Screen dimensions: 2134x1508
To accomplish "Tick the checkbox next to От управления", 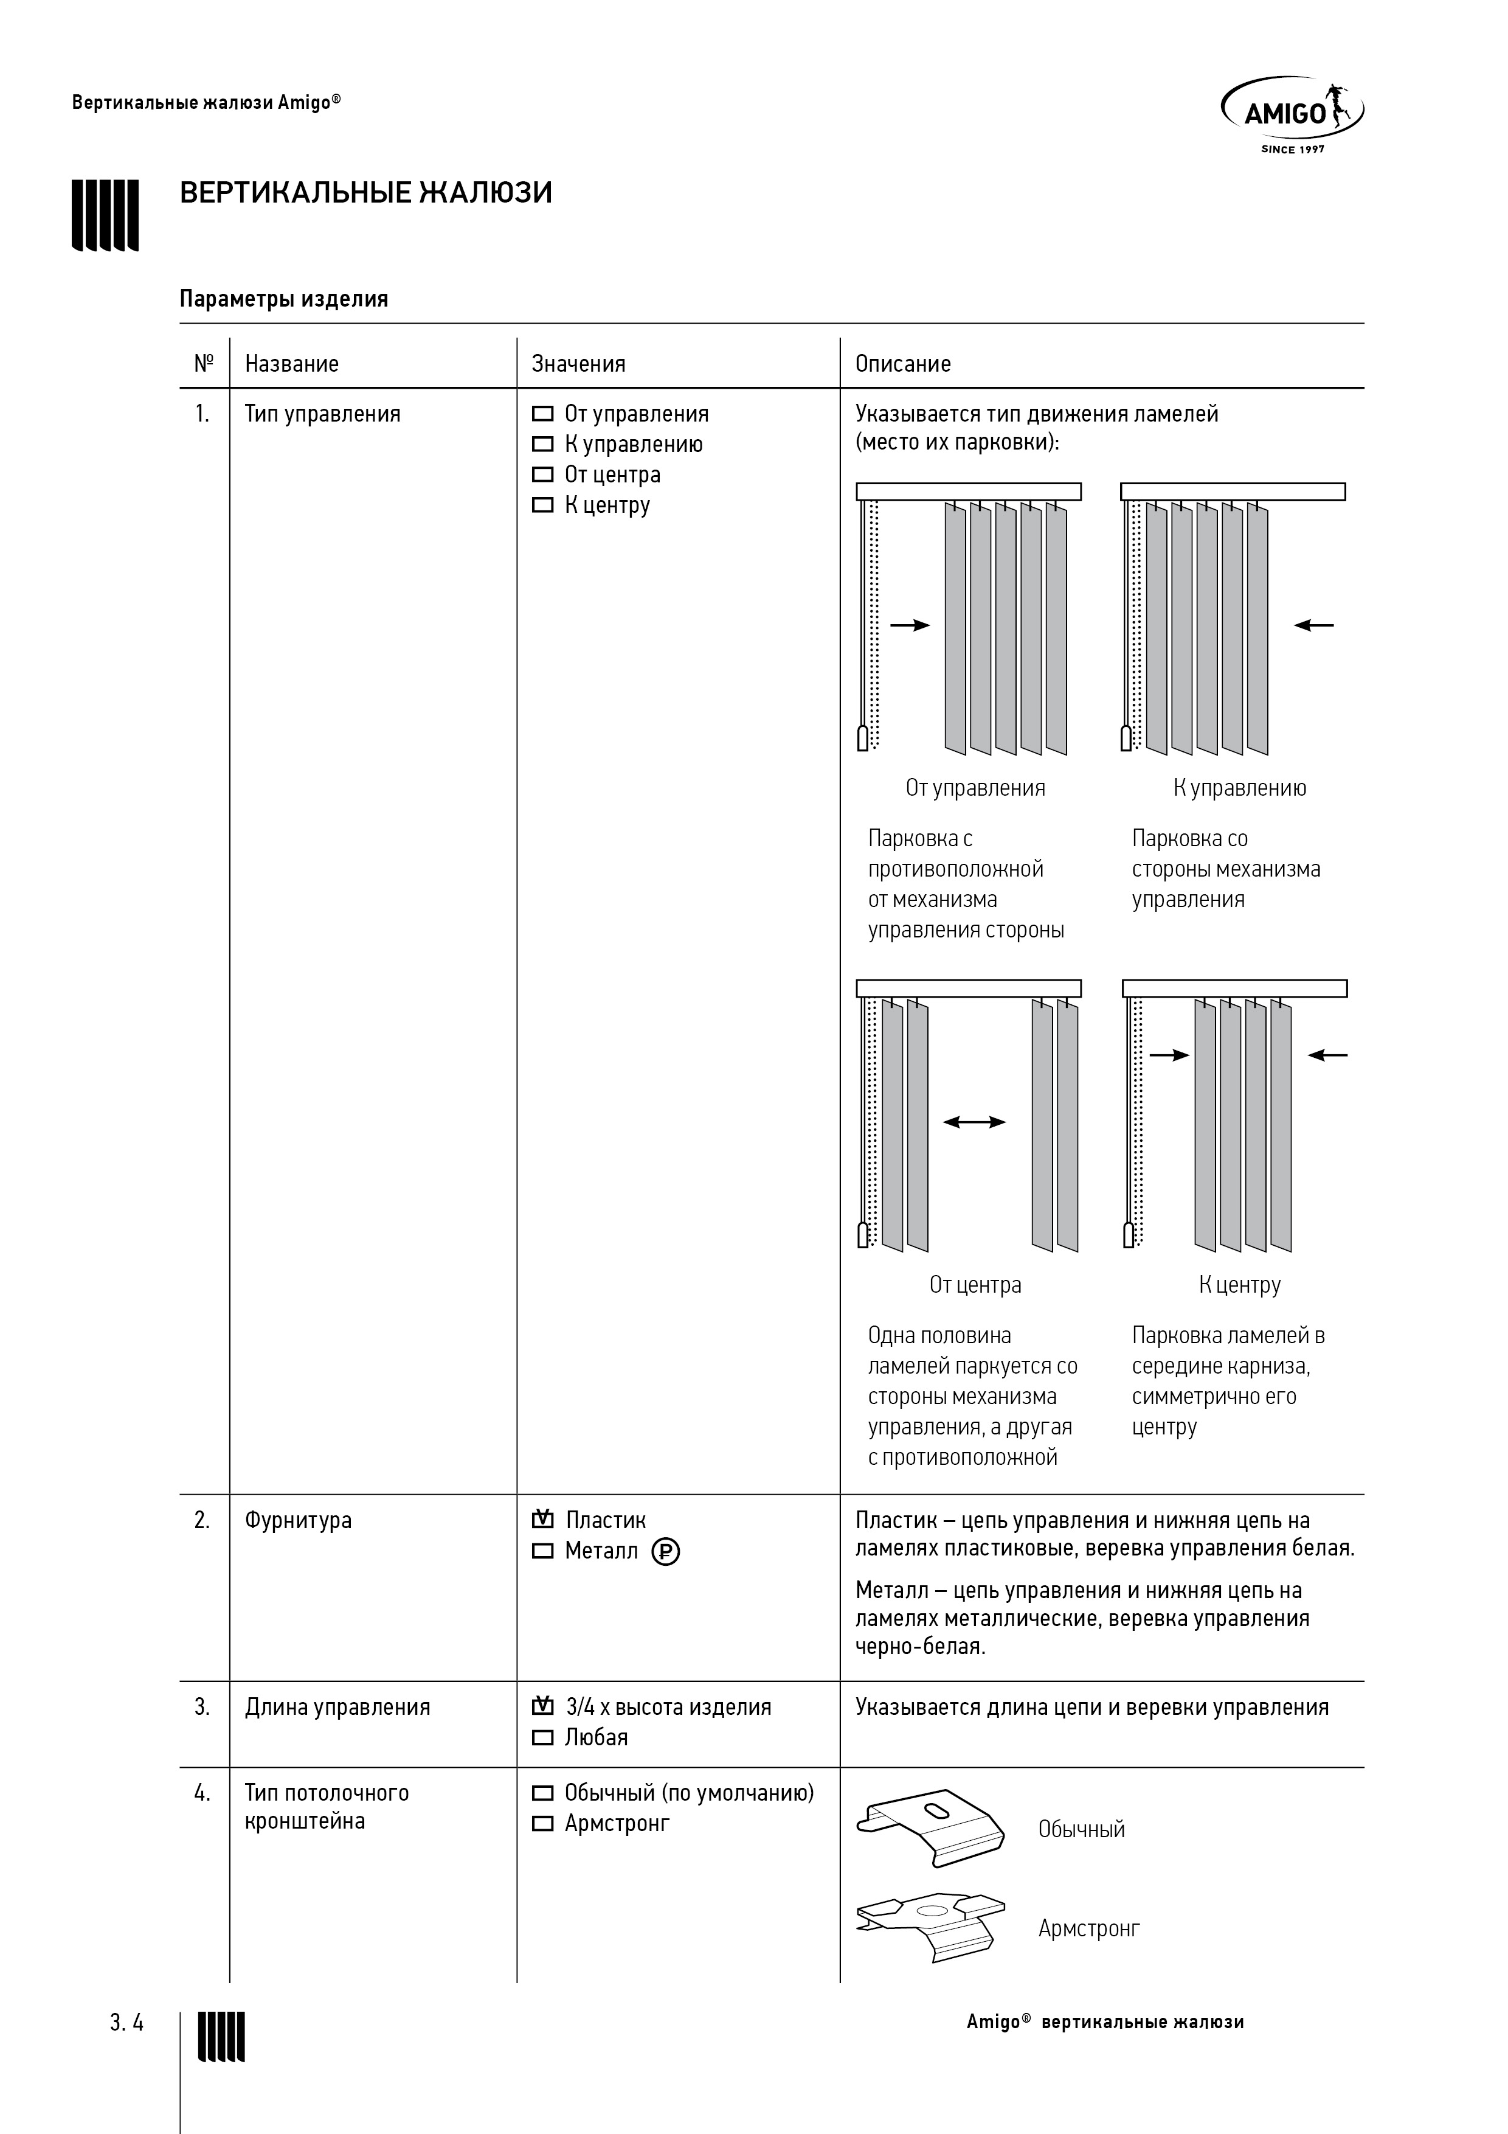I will (542, 414).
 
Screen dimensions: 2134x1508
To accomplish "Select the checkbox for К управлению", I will (542, 444).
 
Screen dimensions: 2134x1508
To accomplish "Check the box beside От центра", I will (542, 475).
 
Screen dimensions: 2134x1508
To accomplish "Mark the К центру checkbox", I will (542, 506).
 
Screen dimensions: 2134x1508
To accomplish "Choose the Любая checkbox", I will (542, 1738).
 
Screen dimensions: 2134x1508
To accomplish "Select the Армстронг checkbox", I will (542, 1824).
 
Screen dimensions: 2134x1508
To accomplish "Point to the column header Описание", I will (903, 363).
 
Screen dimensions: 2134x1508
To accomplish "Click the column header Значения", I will (578, 363).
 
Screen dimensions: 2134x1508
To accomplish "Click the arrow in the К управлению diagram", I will (1314, 625).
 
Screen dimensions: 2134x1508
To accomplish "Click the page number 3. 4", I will (127, 2023).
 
